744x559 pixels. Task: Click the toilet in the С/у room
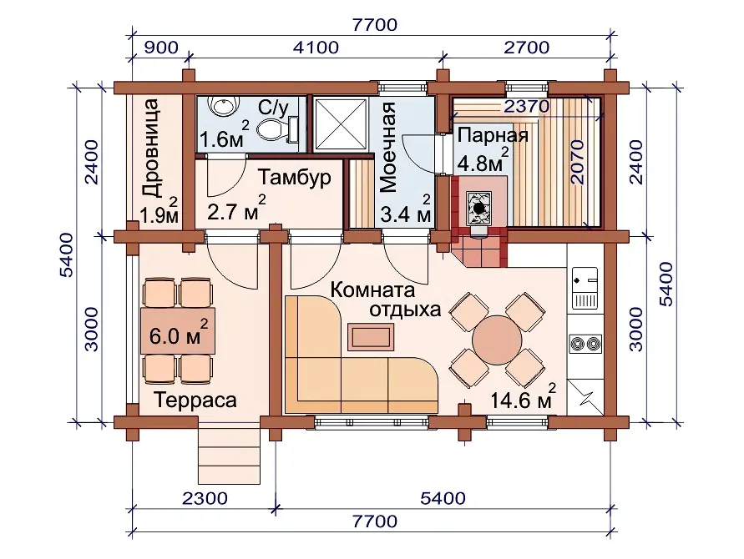coord(277,128)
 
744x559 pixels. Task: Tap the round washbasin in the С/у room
coord(223,106)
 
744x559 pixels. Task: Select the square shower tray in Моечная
coord(342,123)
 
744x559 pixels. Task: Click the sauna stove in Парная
coord(478,207)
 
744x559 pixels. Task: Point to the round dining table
coord(496,340)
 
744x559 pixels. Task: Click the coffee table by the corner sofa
coord(371,336)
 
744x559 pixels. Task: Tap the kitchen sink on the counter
coord(585,287)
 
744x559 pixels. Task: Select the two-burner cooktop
coord(585,343)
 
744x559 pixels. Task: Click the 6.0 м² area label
coord(179,333)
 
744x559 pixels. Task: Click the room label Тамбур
coord(295,178)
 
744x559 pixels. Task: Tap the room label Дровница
coord(152,148)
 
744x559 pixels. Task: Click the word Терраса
coord(195,400)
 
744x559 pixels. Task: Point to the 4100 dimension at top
coord(316,48)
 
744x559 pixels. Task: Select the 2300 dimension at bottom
coord(205,498)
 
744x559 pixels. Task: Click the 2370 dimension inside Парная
coord(527,106)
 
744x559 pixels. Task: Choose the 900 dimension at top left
coord(161,48)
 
